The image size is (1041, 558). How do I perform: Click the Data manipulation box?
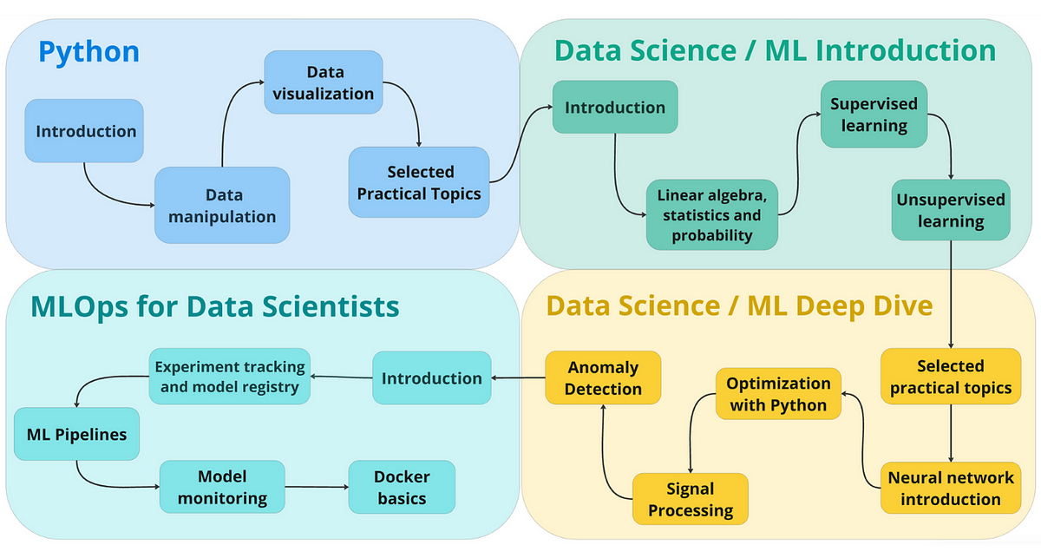pyautogui.click(x=222, y=206)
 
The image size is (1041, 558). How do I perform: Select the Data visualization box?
pyautogui.click(x=324, y=82)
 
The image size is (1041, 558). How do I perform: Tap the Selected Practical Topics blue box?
pyautogui.click(x=419, y=182)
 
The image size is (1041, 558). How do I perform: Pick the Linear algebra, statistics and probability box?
pyautogui.click(x=711, y=214)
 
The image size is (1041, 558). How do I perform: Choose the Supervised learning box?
pyautogui.click(x=874, y=115)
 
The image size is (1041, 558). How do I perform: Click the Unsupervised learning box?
pyautogui.click(x=951, y=210)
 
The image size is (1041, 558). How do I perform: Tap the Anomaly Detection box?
pyautogui.click(x=603, y=377)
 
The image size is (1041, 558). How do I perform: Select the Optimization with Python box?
pyautogui.click(x=778, y=394)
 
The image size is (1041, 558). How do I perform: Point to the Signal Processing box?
pyautogui.click(x=691, y=499)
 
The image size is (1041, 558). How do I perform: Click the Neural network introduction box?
pyautogui.click(x=950, y=488)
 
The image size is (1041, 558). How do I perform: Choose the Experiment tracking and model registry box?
pyautogui.click(x=230, y=377)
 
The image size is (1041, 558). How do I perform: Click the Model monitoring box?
pyautogui.click(x=222, y=487)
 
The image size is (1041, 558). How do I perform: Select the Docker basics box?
pyautogui.click(x=402, y=487)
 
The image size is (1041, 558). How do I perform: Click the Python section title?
pyautogui.click(x=88, y=51)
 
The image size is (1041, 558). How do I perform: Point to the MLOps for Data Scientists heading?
pyautogui.click(x=214, y=305)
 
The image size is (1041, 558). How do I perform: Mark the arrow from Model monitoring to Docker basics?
pyautogui.click(x=317, y=487)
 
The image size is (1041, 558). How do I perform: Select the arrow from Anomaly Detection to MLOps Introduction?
pyautogui.click(x=518, y=378)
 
